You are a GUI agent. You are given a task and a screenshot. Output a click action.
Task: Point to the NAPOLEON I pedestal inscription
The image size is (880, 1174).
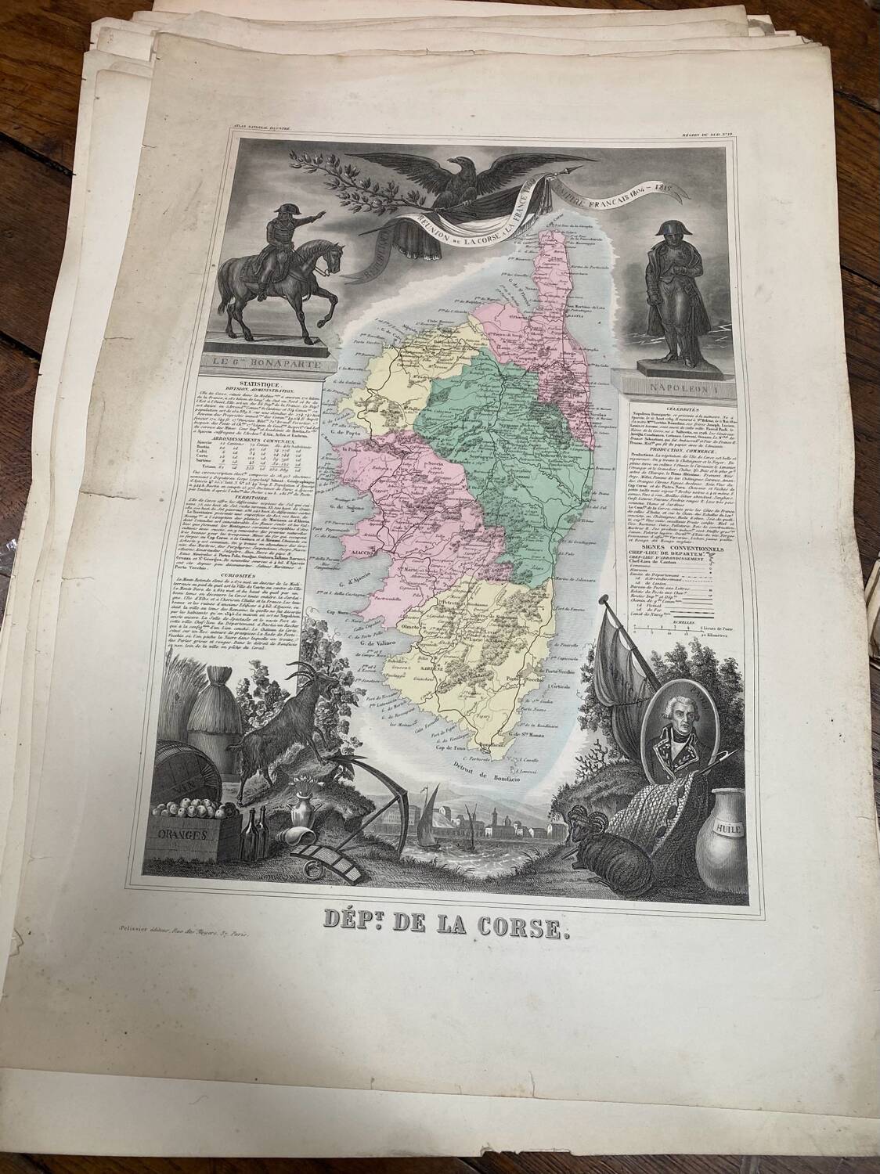point(672,386)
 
